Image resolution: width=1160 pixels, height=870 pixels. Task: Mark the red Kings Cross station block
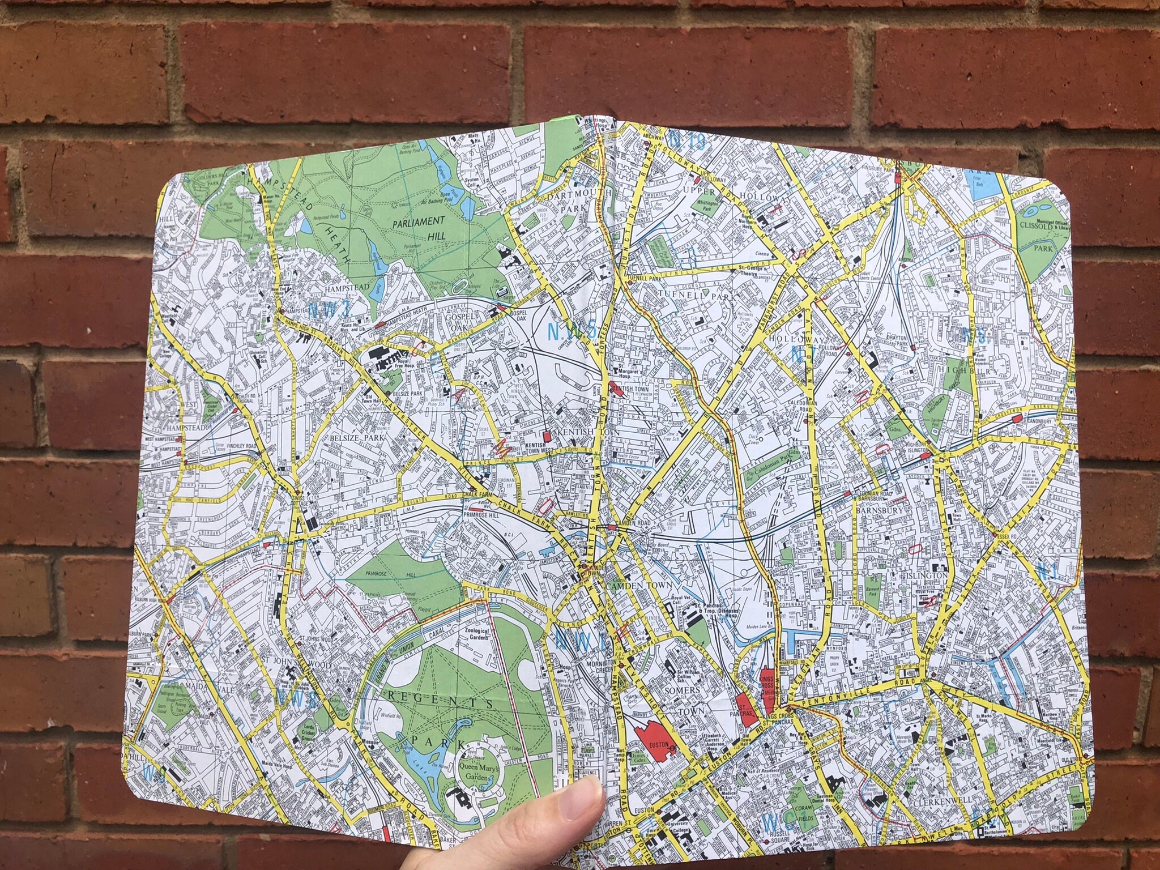pyautogui.click(x=768, y=689)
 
